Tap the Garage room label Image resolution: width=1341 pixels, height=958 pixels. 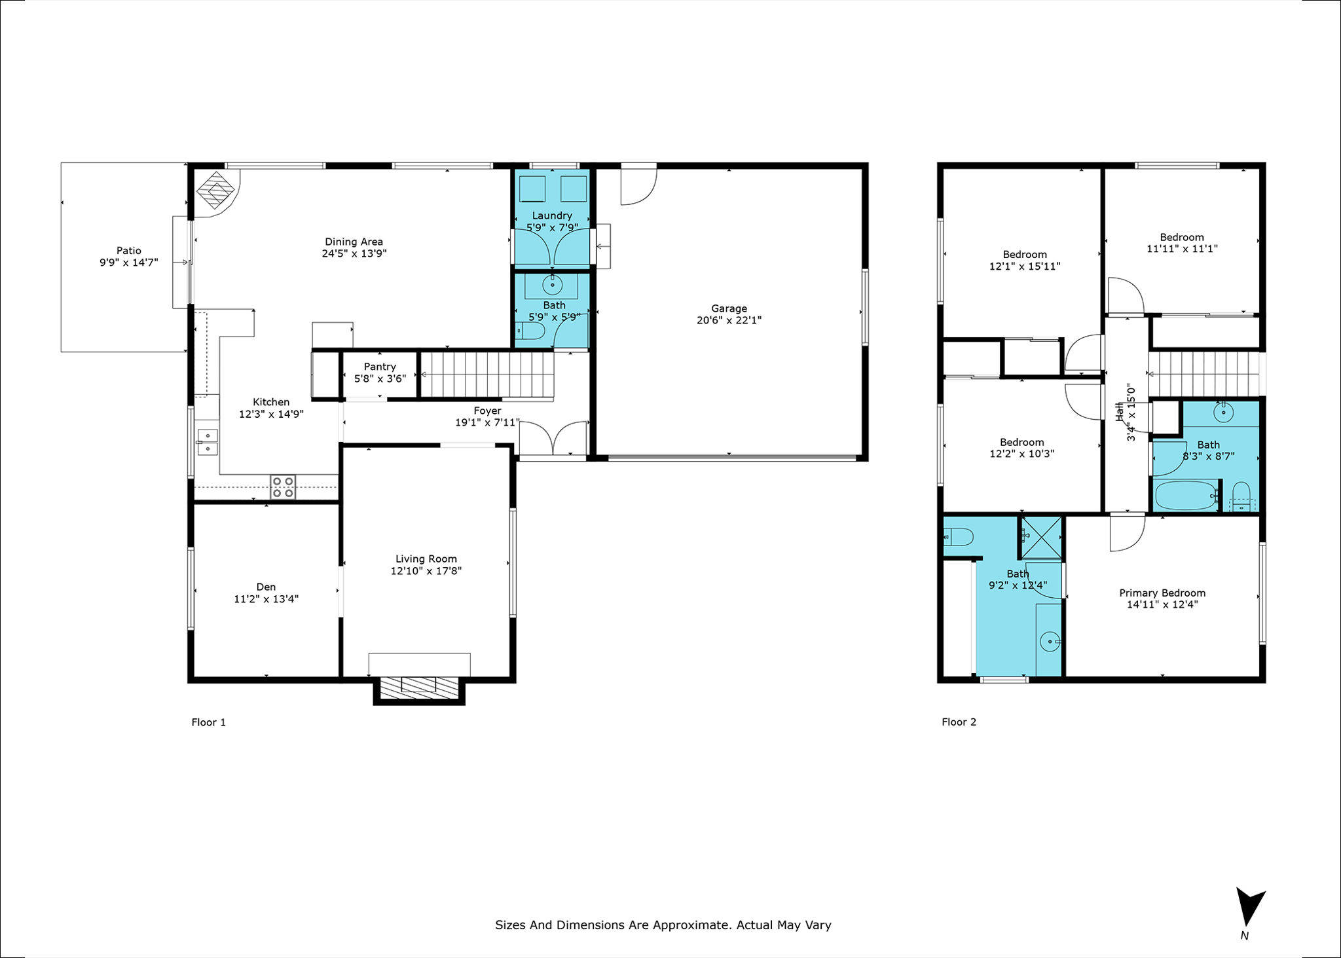click(729, 308)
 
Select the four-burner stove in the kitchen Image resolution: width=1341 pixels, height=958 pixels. click(283, 487)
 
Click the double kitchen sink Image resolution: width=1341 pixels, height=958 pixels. click(208, 442)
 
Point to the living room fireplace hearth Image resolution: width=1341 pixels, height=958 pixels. click(419, 685)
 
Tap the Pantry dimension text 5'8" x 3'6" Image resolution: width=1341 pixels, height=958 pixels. click(380, 378)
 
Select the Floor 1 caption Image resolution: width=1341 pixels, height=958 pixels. click(208, 722)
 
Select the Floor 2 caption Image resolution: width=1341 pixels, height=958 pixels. click(959, 722)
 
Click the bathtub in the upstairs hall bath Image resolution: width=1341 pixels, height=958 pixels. click(1186, 496)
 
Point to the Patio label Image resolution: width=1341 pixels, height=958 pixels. click(129, 251)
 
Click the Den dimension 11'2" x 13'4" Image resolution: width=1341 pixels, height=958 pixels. click(266, 599)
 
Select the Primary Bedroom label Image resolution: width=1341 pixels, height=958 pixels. click(1162, 593)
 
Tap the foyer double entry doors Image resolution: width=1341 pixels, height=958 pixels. click(553, 439)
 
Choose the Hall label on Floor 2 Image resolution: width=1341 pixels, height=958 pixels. click(1120, 411)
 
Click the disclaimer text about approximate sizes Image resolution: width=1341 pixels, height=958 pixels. click(663, 925)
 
